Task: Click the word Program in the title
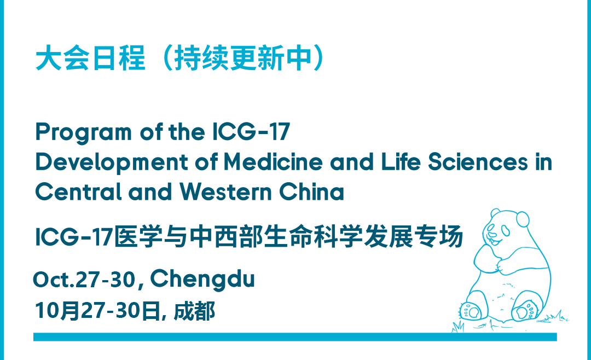(83, 133)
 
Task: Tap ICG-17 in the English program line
(251, 131)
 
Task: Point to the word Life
(401, 162)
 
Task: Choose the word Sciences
(478, 162)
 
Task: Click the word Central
(78, 191)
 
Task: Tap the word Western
(225, 191)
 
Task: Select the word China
(311, 191)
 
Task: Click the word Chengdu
(202, 280)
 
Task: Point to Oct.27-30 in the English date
(84, 280)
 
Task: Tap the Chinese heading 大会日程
(90, 58)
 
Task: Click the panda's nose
(492, 235)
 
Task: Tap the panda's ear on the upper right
(523, 219)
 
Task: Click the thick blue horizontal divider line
(295, 336)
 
